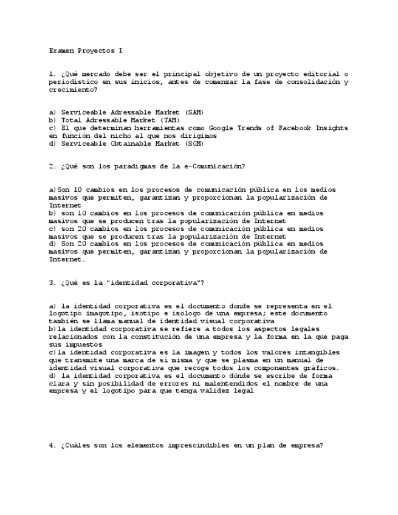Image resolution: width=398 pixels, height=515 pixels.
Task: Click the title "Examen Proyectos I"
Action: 86,50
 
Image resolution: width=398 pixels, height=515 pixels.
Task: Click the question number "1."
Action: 53,74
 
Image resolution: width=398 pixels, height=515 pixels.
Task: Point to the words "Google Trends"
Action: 237,128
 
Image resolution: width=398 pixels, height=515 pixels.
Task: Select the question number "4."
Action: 53,446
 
